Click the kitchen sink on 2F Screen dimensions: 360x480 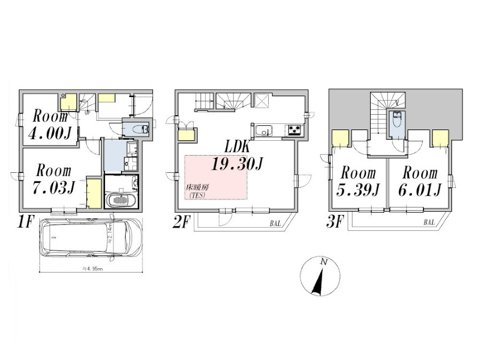pyautogui.click(x=265, y=130)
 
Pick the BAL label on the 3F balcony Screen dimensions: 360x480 pyautogui.click(x=429, y=222)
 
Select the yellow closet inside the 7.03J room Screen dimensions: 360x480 pyautogui.click(x=94, y=194)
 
